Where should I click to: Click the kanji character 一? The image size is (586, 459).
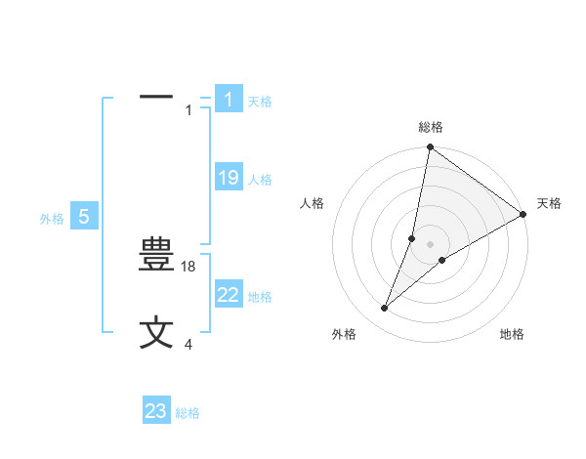(x=156, y=97)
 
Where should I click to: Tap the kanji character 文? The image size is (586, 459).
(x=156, y=332)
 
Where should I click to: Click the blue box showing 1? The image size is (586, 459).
(x=228, y=100)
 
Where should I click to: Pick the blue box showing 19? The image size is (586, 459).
(x=228, y=178)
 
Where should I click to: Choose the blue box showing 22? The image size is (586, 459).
(x=228, y=295)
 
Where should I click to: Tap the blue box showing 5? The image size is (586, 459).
(x=84, y=217)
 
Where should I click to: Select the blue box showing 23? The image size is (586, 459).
(x=156, y=411)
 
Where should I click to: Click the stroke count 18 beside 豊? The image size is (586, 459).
(x=189, y=266)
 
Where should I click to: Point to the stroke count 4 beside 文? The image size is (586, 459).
(x=188, y=343)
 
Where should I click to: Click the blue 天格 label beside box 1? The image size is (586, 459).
(x=260, y=101)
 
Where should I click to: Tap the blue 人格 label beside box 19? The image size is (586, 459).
(x=260, y=179)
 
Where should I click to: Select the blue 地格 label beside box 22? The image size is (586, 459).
(x=260, y=296)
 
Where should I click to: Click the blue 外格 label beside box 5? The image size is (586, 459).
(x=52, y=219)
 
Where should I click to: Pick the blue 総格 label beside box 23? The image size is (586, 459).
(x=188, y=413)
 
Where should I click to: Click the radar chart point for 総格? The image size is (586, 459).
(x=430, y=147)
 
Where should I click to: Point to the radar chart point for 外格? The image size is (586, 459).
(x=385, y=309)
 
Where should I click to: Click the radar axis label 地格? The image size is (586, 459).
(x=512, y=335)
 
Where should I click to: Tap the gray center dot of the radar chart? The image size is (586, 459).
(x=430, y=244)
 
